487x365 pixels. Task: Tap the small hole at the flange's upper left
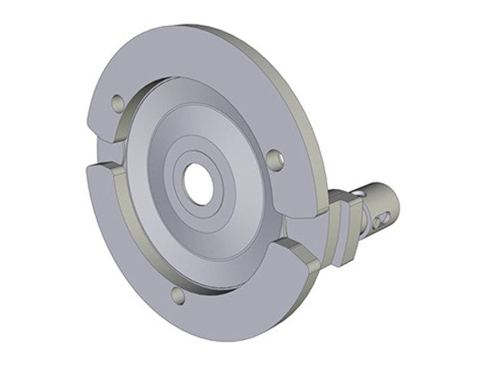point(117,103)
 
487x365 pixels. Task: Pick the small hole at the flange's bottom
point(179,296)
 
